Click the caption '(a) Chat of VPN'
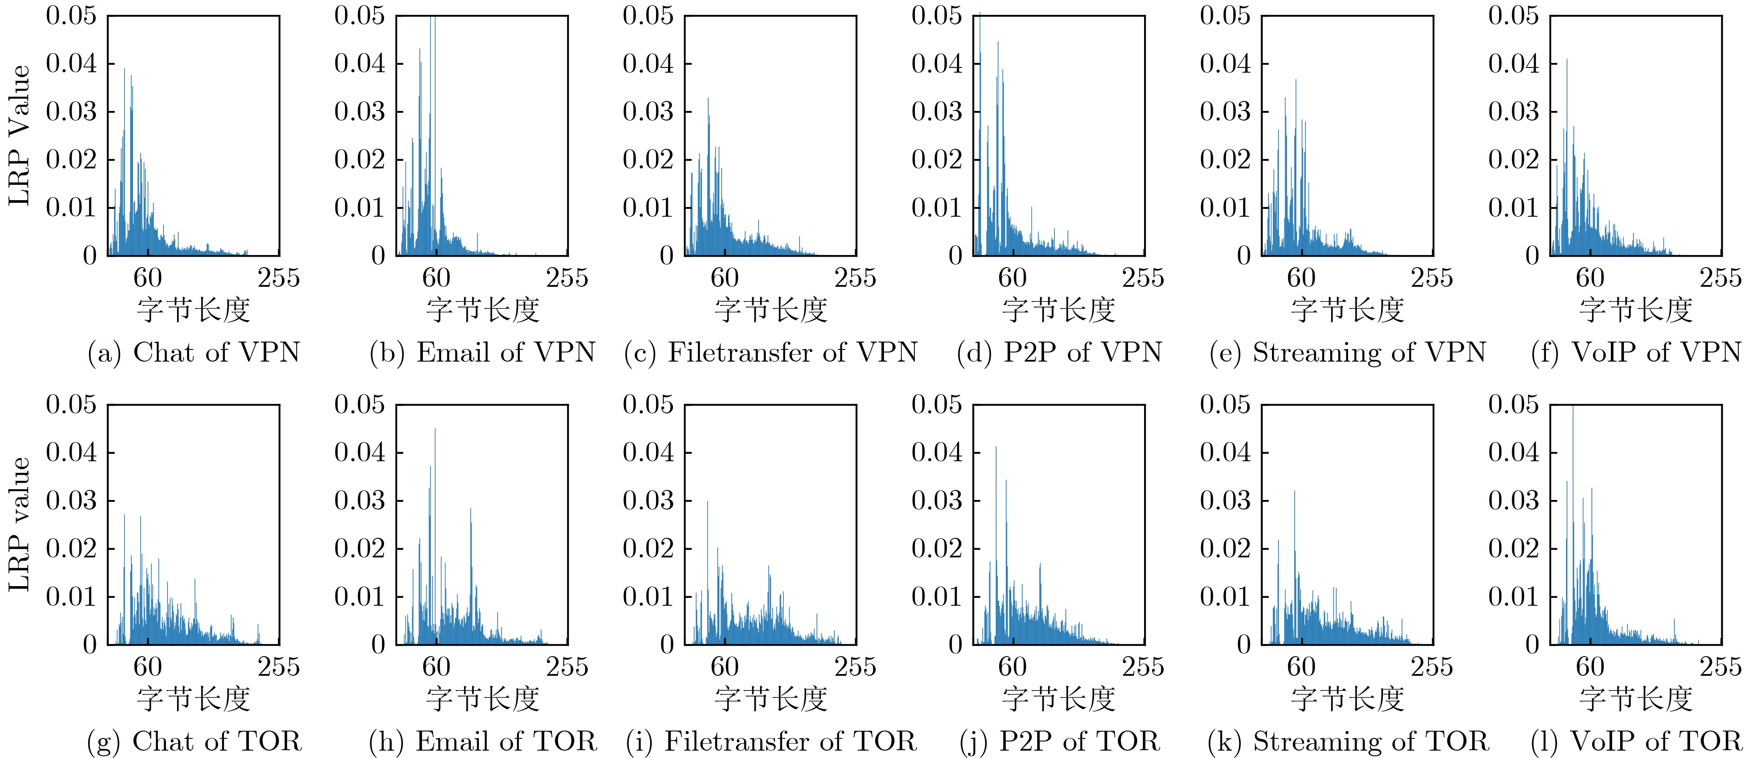pyautogui.click(x=194, y=352)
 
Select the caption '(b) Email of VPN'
pyautogui.click(x=482, y=352)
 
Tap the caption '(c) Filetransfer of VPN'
pyautogui.click(x=770, y=352)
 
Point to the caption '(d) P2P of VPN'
pyautogui.click(x=1059, y=352)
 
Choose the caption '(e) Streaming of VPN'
pyautogui.click(x=1348, y=352)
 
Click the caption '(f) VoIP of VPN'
pyautogui.click(x=1636, y=352)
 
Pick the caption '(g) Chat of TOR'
pyautogui.click(x=194, y=741)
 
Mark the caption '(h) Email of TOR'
pyautogui.click(x=482, y=741)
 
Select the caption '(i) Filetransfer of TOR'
pyautogui.click(x=770, y=741)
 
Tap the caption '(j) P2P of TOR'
pyautogui.click(x=1059, y=741)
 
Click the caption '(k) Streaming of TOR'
pyautogui.click(x=1348, y=741)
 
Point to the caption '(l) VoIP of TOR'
pyautogui.click(x=1636, y=741)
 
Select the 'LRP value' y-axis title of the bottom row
pyautogui.click(x=19, y=524)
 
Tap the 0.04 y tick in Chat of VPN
pyautogui.click(x=71, y=64)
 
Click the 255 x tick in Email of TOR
pyautogui.click(x=567, y=667)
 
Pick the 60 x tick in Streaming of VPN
pyautogui.click(x=1301, y=278)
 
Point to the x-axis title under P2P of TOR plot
pyautogui.click(x=1059, y=699)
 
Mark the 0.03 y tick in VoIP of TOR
pyautogui.click(x=1514, y=501)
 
